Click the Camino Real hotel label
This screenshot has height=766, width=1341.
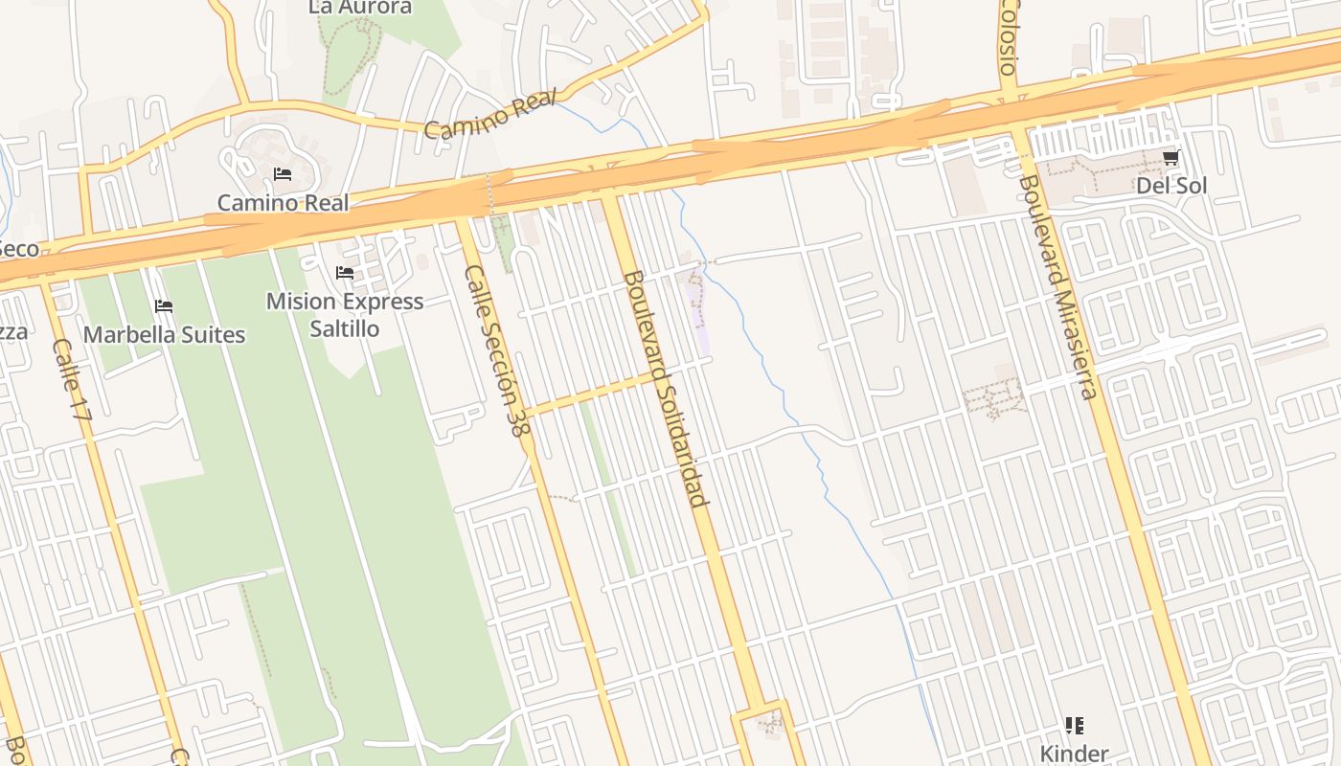283,203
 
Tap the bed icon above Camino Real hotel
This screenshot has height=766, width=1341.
283,174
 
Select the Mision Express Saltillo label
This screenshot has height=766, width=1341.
345,315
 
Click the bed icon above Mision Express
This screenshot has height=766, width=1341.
345,274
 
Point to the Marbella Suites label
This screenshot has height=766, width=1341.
164,335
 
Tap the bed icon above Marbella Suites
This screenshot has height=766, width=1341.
164,306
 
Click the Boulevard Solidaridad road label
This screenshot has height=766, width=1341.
667,388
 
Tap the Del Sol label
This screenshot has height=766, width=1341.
1171,186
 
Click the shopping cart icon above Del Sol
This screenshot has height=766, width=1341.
1171,158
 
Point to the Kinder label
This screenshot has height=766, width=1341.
1075,754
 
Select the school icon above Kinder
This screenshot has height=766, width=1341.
1075,726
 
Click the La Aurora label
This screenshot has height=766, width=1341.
360,8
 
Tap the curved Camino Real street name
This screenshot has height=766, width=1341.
489,116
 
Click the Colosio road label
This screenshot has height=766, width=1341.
1007,36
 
